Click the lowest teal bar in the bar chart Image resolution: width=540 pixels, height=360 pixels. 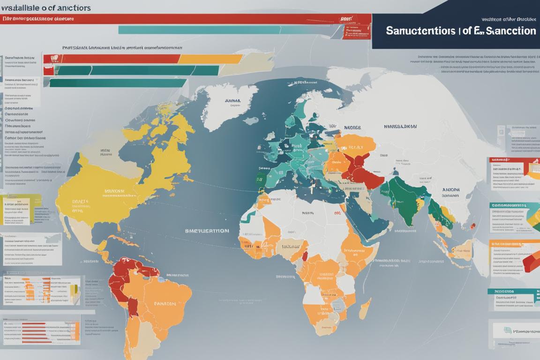point(117,82)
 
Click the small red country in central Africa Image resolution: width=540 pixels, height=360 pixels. point(306,256)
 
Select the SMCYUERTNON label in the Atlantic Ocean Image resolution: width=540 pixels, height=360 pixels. point(207,231)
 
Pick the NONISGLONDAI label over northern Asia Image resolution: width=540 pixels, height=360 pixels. point(400,127)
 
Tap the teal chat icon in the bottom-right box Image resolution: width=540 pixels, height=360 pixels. point(508,330)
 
